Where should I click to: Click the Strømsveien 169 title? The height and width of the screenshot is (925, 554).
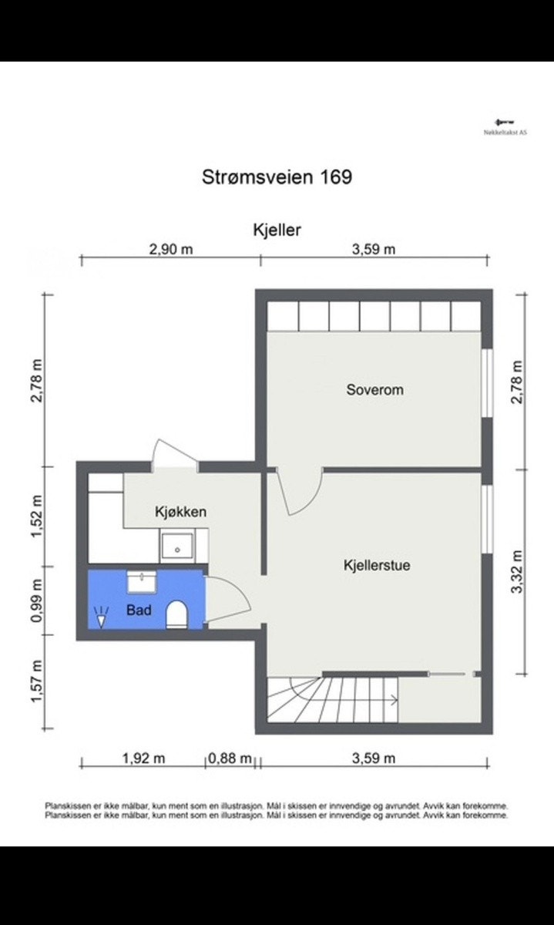277,177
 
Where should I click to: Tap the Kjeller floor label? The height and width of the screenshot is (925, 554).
277,229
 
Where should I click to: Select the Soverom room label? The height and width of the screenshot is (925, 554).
374,390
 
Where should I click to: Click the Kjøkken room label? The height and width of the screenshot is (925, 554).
180,511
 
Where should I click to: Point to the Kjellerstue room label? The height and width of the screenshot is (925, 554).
377,565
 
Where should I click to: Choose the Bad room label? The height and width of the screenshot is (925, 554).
139,610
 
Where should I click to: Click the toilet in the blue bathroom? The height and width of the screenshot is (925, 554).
177,614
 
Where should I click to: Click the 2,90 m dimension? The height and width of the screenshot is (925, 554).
170,249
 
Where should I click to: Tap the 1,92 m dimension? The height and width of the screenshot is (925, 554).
144,758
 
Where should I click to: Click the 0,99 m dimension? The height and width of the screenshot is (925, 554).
35,600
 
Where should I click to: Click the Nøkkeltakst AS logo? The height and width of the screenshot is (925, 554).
505,126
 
